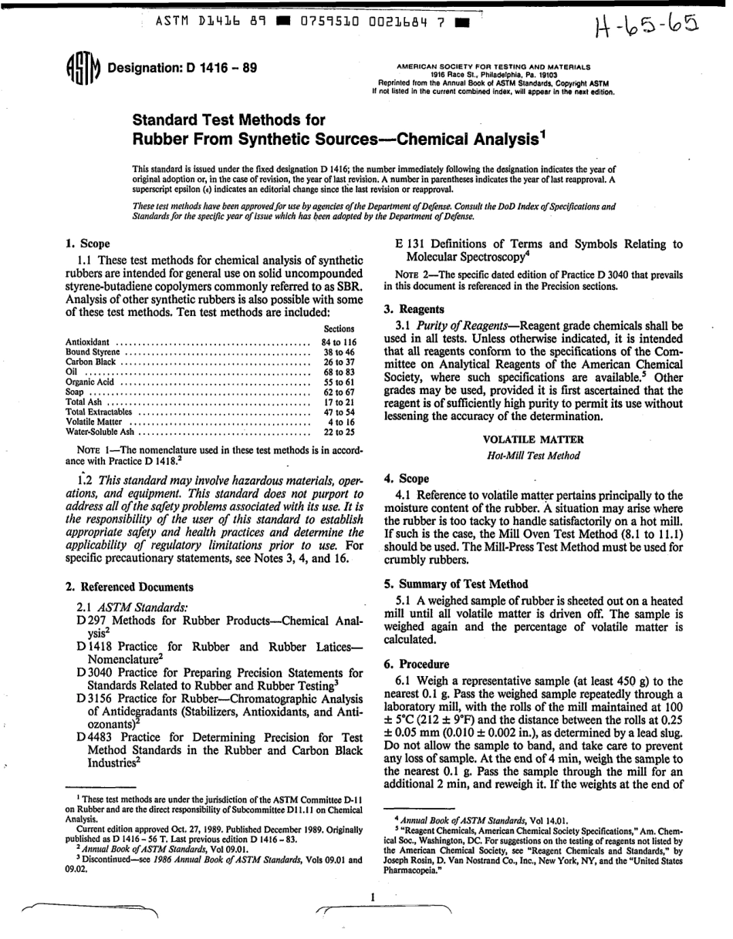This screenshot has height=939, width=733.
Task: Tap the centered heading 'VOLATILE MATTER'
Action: (x=533, y=439)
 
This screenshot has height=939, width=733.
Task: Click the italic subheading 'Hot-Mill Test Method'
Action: (x=533, y=456)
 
